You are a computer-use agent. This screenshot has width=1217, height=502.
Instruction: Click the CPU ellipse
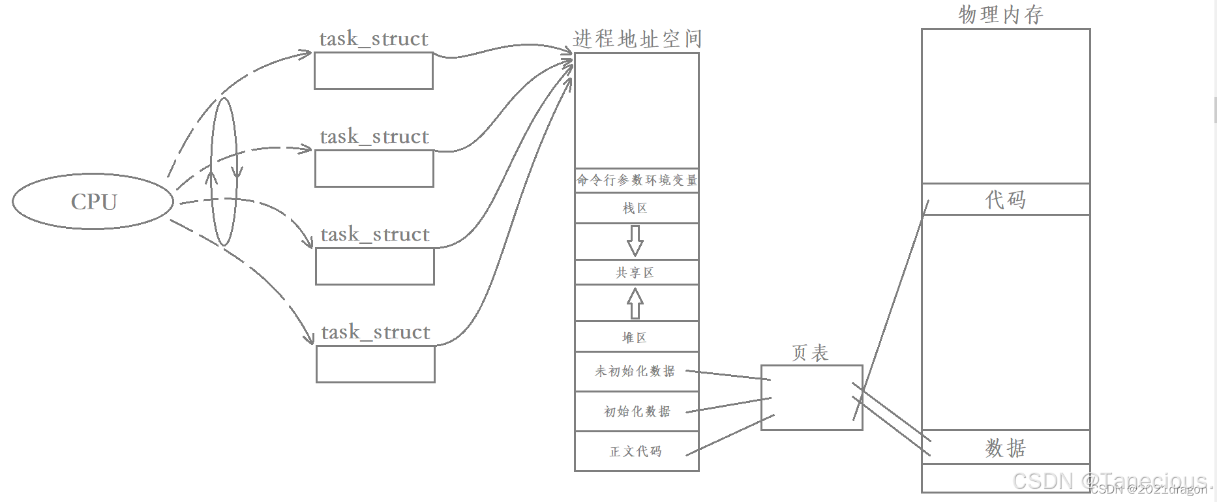tap(93, 201)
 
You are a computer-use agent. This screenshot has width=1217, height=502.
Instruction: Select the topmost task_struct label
tap(374, 39)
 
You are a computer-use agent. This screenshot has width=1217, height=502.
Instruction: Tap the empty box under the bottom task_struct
tap(376, 364)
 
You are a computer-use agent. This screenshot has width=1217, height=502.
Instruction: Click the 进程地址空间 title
tap(637, 39)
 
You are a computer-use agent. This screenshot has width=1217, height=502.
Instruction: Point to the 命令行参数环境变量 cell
tap(637, 180)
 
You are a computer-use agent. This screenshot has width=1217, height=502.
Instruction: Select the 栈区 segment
tap(635, 209)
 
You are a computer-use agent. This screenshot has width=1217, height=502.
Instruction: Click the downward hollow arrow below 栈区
tap(635, 241)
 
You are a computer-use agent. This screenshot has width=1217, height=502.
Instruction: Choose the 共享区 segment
tap(635, 273)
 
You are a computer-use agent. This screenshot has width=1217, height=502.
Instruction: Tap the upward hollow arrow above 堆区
tap(635, 303)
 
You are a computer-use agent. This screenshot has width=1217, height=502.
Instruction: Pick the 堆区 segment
tap(635, 337)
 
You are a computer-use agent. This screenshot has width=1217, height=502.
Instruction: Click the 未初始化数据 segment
tap(635, 372)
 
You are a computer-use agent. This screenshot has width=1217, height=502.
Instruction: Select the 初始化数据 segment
tap(637, 411)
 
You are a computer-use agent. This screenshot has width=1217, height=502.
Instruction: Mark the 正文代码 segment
tap(637, 451)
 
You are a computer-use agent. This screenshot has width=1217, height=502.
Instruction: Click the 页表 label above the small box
tap(810, 353)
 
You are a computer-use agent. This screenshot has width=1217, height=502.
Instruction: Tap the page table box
tap(811, 398)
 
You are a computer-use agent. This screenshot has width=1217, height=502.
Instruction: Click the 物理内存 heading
tap(1000, 14)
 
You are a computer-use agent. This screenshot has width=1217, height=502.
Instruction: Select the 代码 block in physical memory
tap(1006, 199)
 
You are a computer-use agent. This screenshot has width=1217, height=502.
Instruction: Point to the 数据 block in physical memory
tap(1006, 447)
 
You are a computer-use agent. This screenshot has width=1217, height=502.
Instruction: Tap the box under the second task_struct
tap(374, 169)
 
